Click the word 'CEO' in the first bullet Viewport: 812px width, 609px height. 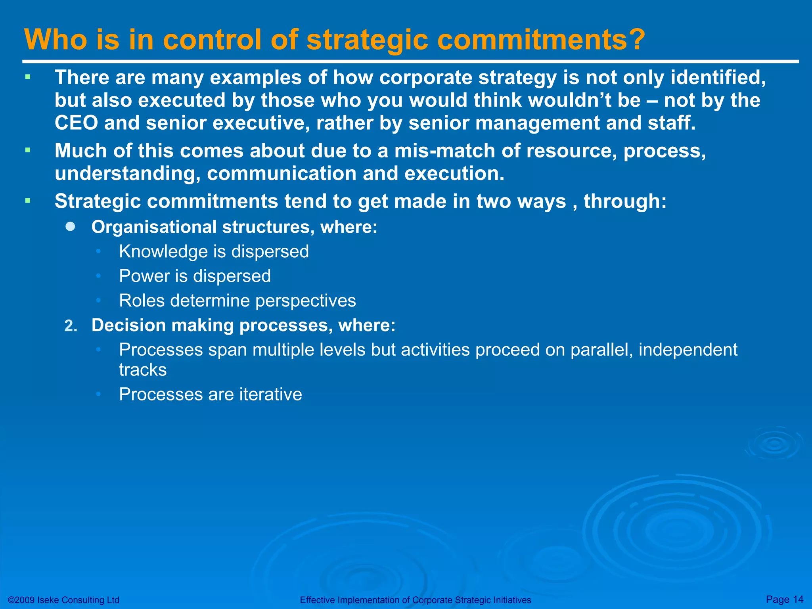76,123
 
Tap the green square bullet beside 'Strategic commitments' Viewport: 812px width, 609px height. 28,201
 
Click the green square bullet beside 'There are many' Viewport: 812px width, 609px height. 28,77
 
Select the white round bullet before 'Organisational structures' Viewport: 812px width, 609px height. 71,226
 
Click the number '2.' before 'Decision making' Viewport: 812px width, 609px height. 71,326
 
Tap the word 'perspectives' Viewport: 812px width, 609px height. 306,301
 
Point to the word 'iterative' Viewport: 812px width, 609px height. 270,395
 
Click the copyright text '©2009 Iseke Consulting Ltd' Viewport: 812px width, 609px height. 63,600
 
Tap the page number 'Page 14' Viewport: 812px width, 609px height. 785,599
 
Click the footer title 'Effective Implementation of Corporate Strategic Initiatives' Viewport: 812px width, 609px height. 415,600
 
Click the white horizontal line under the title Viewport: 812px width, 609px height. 410,61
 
